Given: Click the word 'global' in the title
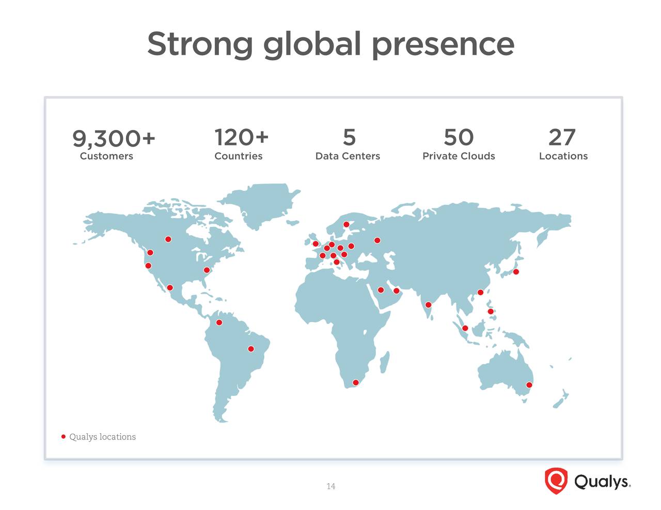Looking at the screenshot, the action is tap(312, 45).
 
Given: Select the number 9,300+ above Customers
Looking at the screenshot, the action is tap(114, 139).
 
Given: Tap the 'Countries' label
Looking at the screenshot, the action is tap(238, 156).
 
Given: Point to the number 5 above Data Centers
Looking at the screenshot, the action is tap(349, 137).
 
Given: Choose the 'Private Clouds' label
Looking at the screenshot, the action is tap(459, 156).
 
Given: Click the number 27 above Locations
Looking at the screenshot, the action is tap(562, 137).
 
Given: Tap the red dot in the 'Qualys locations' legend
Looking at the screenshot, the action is tap(64, 436).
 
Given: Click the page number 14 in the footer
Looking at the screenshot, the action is tap(330, 486).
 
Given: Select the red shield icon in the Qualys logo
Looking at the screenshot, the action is tap(556, 481).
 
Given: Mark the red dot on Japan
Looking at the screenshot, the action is tap(516, 272).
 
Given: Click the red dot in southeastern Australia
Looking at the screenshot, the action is tap(529, 385).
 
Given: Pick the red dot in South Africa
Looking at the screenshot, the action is tap(356, 383).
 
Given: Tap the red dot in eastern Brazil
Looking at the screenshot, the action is tap(251, 349).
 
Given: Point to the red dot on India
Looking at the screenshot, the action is tap(428, 305).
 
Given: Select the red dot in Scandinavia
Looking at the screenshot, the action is tap(346, 224).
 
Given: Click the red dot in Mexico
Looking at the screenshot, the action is tap(170, 287).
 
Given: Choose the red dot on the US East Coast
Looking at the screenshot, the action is tap(207, 270).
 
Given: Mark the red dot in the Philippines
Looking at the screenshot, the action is tap(491, 311).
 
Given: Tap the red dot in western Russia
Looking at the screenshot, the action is tap(377, 240).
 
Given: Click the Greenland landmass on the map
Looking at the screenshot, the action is tap(262, 204).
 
